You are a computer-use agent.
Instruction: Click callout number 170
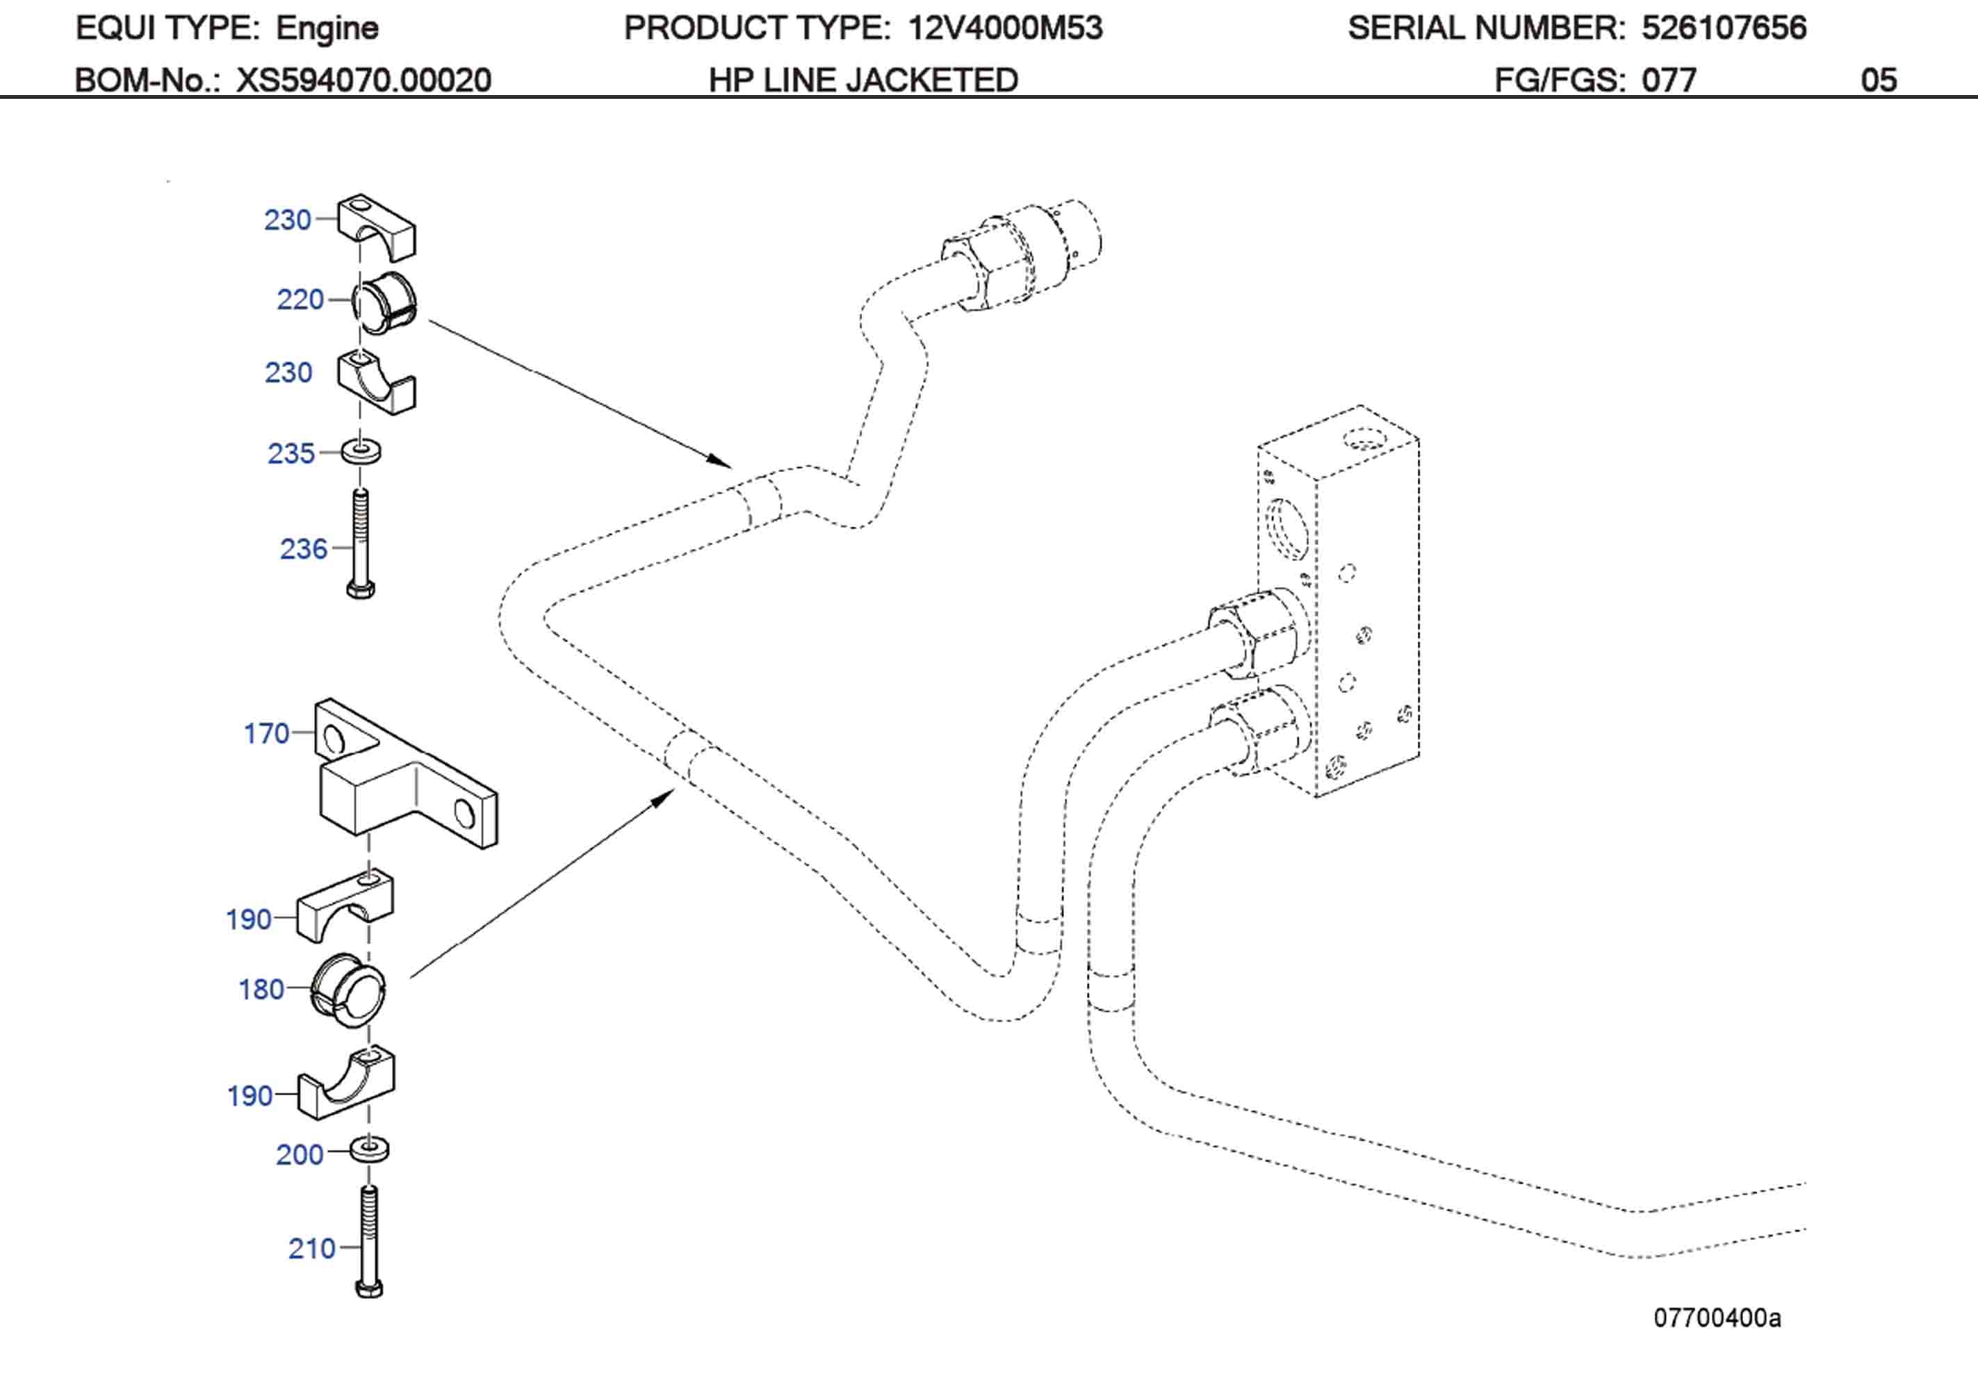tap(266, 733)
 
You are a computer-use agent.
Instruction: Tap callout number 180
tap(261, 989)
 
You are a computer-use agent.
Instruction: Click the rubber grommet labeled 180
tap(348, 991)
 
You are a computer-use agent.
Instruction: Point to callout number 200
tap(299, 1154)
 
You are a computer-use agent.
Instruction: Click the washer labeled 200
tap(370, 1149)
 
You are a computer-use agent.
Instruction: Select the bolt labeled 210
tap(370, 1241)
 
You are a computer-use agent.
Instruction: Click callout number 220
tap(300, 300)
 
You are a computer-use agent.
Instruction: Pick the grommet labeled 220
tap(384, 303)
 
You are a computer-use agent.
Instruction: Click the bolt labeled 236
tap(360, 543)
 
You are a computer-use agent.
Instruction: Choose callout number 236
tap(303, 549)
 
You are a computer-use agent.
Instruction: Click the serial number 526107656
tap(1723, 28)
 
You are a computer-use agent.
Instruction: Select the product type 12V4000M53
tap(1004, 28)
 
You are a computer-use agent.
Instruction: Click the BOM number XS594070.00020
tap(363, 80)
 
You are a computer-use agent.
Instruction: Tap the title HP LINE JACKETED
tap(863, 80)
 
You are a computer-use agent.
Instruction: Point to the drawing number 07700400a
tap(1716, 1318)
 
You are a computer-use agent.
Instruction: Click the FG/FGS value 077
tap(1668, 80)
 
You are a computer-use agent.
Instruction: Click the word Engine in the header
tap(327, 28)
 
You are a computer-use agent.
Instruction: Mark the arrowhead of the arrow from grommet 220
tap(722, 462)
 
